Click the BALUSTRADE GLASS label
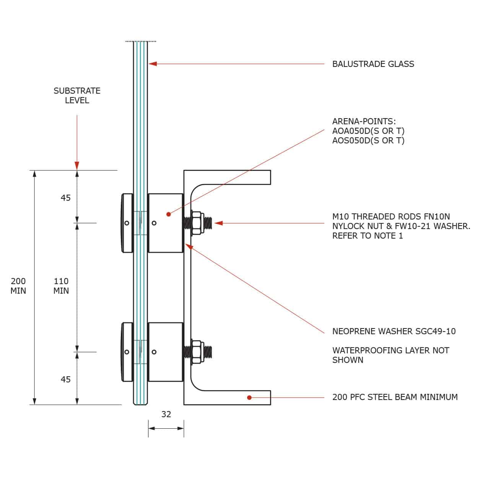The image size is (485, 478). (373, 64)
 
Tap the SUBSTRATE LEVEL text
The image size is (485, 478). (77, 95)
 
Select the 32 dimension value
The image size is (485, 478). (166, 414)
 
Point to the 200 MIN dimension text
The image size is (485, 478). (18, 286)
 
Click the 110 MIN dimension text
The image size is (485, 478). (61, 286)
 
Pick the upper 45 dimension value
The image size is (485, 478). (66, 198)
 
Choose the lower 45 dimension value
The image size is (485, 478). (66, 379)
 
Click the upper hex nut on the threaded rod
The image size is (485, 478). (197, 223)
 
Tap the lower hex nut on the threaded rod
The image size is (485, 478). (197, 352)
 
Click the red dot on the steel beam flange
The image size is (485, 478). (249, 397)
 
